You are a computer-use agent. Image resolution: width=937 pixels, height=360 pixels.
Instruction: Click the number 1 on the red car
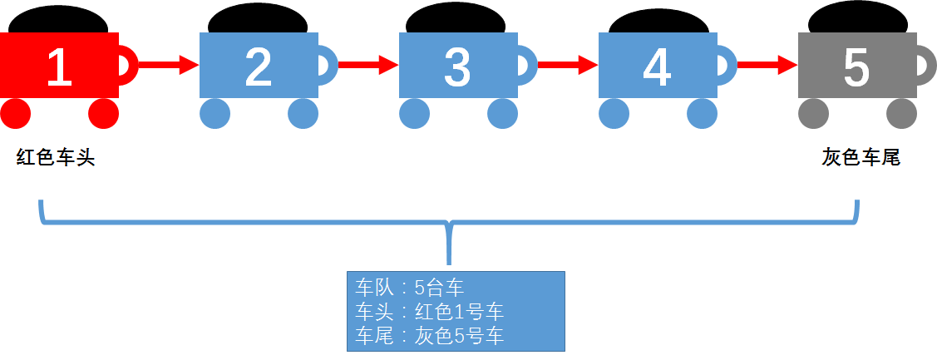58,67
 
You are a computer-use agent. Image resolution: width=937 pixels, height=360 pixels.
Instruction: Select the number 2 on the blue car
259,67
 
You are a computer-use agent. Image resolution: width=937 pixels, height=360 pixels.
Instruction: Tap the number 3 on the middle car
458,67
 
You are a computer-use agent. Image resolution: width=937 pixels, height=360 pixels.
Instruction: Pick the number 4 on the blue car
657,67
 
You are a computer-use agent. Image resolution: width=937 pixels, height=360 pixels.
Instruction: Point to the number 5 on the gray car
856,67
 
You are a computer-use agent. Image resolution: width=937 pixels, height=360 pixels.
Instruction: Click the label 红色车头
56,158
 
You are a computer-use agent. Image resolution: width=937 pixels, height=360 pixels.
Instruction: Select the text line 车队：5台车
409,288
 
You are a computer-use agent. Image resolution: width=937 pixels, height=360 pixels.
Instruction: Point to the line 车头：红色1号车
429,312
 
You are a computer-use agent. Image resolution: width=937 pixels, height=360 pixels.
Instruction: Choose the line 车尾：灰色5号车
429,335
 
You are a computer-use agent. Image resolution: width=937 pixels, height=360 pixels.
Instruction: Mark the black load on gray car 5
857,18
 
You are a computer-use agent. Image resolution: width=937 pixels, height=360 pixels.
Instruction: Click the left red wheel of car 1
15,113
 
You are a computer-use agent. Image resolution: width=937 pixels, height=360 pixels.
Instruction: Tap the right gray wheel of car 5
901,113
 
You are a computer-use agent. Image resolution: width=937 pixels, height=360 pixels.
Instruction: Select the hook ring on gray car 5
924,66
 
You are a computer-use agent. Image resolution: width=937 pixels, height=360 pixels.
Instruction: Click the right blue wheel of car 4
702,113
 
